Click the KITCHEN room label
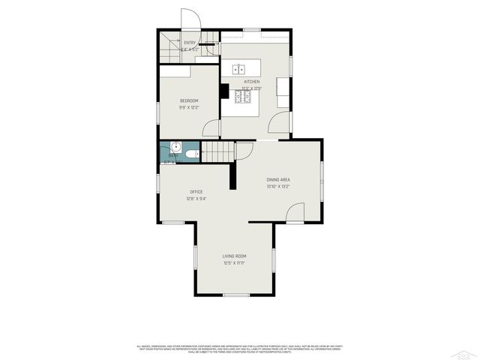[x=251, y=82]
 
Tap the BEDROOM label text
[x=189, y=100]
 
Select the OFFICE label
[x=196, y=192]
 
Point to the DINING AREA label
[x=278, y=180]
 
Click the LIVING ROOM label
[x=234, y=256]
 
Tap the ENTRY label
[x=190, y=43]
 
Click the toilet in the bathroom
[x=192, y=154]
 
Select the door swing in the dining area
[x=295, y=214]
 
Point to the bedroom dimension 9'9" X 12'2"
[x=189, y=108]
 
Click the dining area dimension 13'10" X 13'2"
[x=277, y=187]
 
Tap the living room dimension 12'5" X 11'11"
[x=234, y=263]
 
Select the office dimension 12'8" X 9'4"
[x=196, y=199]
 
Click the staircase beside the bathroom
[x=217, y=152]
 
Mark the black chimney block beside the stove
[x=224, y=91]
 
